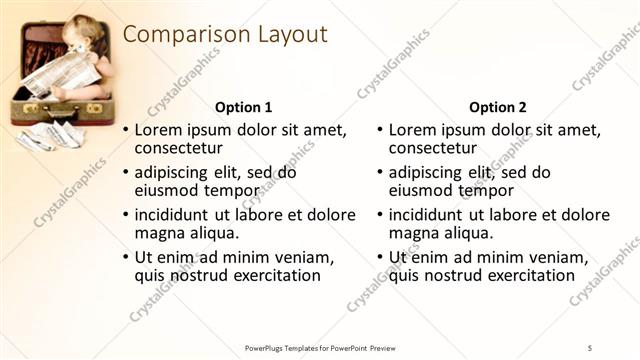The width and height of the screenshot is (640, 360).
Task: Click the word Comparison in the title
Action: click(x=178, y=35)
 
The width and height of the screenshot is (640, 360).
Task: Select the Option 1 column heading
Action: click(x=243, y=107)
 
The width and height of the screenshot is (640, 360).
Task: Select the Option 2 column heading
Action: click(x=497, y=107)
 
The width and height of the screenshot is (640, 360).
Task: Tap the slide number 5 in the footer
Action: click(x=590, y=347)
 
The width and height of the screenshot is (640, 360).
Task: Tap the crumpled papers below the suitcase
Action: click(x=50, y=135)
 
